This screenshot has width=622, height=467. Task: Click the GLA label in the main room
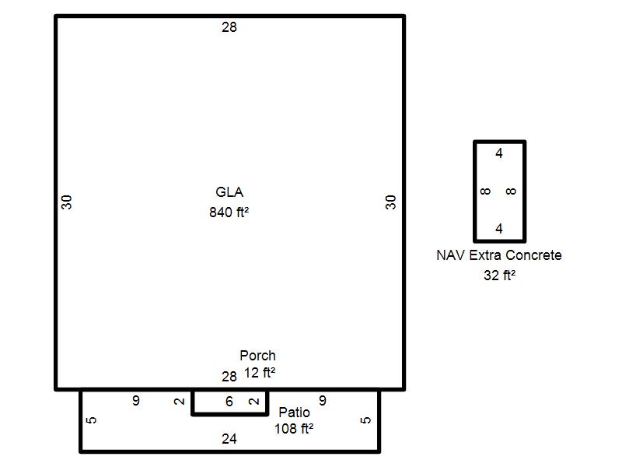[x=229, y=192]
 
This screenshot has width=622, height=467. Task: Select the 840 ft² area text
[x=229, y=212]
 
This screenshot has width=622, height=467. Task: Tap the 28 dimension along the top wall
[x=229, y=27]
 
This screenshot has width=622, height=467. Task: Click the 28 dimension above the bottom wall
[x=229, y=377]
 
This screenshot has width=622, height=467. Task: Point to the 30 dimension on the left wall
[x=67, y=202]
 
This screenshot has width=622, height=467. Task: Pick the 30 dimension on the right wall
[x=391, y=202]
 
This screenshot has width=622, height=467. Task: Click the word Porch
[x=258, y=356]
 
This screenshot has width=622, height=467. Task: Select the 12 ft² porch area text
[x=260, y=373]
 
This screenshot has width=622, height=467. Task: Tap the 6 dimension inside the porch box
[x=229, y=402]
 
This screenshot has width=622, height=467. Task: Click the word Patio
[x=295, y=413]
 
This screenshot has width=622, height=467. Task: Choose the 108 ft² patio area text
[x=294, y=429]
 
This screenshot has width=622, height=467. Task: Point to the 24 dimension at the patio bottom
[x=229, y=439]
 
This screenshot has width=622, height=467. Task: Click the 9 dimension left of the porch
[x=136, y=401]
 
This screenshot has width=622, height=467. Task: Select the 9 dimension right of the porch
[x=323, y=401]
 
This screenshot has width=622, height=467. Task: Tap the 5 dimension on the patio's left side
[x=91, y=420]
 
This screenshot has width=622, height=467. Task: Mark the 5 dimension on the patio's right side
[x=365, y=420]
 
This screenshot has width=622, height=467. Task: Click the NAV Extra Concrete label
[x=499, y=255]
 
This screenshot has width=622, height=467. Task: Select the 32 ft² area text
[x=499, y=275]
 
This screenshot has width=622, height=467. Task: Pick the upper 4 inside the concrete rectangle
[x=499, y=153]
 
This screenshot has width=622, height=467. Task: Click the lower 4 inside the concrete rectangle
[x=499, y=229]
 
